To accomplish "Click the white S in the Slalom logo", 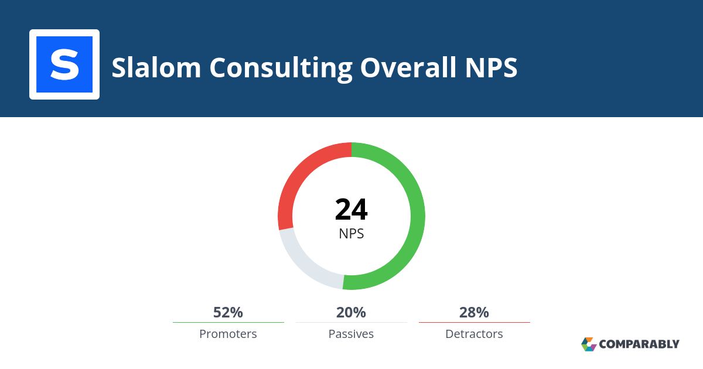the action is click(x=64, y=64).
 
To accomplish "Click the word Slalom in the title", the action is click(x=156, y=67).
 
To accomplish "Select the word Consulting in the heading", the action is click(x=281, y=69).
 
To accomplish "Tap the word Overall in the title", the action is click(x=408, y=67).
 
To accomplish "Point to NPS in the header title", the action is click(x=491, y=67).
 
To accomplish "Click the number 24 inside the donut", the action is click(x=351, y=209).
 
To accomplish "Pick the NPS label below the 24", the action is click(x=351, y=234).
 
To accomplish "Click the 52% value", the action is click(x=228, y=312).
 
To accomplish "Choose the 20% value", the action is click(x=351, y=312).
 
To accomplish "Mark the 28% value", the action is click(x=474, y=312).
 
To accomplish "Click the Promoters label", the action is click(x=228, y=334).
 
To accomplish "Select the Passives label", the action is click(x=351, y=334).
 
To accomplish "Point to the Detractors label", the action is click(x=474, y=334).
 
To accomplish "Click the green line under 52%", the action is click(x=228, y=322).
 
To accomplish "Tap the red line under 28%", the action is click(x=475, y=322).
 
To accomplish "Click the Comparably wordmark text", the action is click(x=639, y=344).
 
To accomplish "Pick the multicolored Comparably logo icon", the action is click(x=589, y=344).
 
